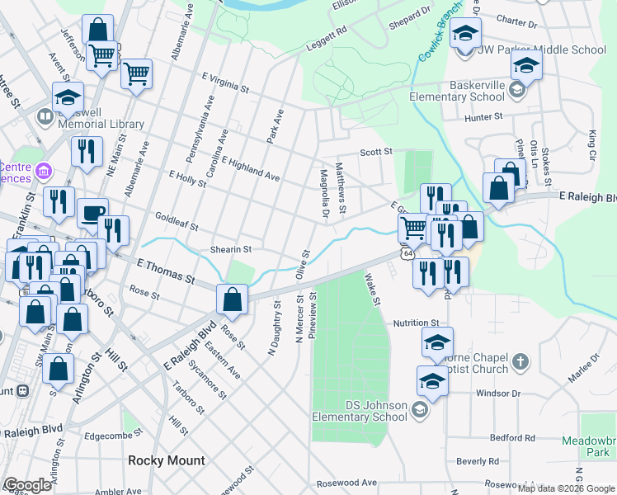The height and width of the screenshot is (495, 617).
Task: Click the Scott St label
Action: coord(375,152)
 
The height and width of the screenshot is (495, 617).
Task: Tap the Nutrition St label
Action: coord(417,323)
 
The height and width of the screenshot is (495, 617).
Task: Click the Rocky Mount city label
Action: coord(161,460)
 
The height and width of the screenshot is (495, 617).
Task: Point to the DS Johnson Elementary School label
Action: coord(360,411)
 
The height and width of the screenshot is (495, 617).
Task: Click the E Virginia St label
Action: coord(225,84)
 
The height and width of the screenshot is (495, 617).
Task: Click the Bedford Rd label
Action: coord(511,437)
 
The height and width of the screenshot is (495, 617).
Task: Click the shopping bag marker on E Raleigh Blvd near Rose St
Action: coord(233,300)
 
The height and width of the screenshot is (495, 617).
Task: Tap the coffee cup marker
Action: coord(92,213)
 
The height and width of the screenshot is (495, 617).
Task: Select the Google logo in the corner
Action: coord(27,485)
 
